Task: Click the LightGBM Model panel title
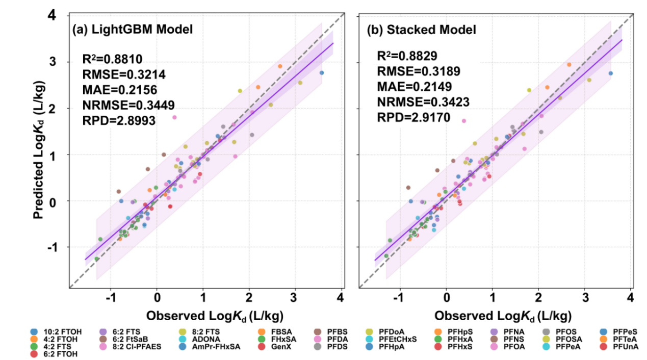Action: point(133,30)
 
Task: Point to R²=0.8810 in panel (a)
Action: point(112,58)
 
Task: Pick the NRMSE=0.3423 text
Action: point(423,102)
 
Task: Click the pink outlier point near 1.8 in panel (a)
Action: point(174,117)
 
